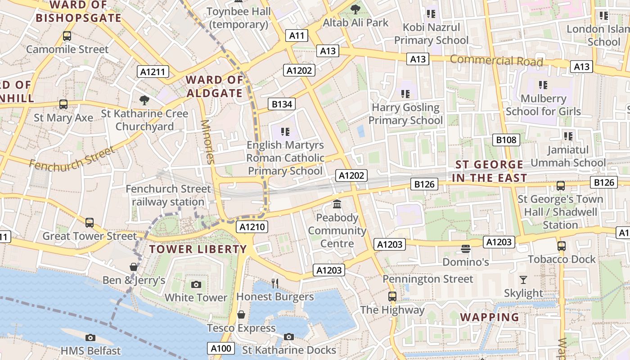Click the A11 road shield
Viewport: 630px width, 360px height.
click(x=297, y=36)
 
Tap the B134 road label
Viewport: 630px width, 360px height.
click(x=282, y=104)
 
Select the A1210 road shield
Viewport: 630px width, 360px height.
click(x=252, y=227)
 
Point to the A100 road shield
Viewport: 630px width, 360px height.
click(x=221, y=348)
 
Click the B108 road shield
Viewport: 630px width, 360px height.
click(x=506, y=140)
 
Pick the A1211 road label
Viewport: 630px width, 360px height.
click(x=153, y=72)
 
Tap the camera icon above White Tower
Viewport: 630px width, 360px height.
click(x=196, y=284)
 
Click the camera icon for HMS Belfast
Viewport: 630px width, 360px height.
click(x=90, y=337)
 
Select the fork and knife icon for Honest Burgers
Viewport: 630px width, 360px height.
click(x=275, y=283)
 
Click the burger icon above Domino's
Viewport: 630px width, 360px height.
click(x=465, y=248)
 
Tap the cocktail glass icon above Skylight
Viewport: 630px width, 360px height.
click(x=523, y=280)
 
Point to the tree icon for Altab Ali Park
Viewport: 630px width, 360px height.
click(x=355, y=9)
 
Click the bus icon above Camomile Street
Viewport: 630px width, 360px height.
click(x=67, y=36)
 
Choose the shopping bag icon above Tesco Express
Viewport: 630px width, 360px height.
click(x=241, y=315)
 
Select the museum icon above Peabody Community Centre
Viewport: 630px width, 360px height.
click(x=337, y=205)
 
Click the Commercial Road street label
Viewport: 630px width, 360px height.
click(x=496, y=60)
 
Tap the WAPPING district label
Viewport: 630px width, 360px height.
click(x=490, y=317)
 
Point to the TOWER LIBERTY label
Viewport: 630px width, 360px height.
click(x=198, y=249)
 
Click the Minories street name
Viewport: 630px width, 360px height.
click(x=207, y=142)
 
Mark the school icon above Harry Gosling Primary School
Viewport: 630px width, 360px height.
click(x=405, y=94)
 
